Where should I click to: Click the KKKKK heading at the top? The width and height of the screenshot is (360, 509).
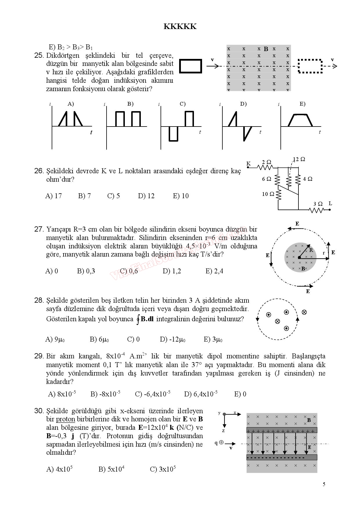(x=180, y=27)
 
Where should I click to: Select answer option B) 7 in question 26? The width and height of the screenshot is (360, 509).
(x=84, y=196)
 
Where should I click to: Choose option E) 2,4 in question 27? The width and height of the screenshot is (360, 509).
(x=214, y=271)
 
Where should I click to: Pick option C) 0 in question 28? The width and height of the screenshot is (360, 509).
(x=133, y=340)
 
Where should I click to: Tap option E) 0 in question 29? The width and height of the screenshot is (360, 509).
(x=240, y=394)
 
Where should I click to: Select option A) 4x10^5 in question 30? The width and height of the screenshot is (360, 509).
(x=59, y=470)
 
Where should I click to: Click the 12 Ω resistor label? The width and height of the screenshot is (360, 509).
(x=299, y=159)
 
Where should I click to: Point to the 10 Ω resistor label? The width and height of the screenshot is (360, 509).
(x=268, y=194)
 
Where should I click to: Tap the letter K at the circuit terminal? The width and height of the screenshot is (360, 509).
(x=249, y=164)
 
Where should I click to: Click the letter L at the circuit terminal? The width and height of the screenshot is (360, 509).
(x=330, y=203)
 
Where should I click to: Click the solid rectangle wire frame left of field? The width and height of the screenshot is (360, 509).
(x=190, y=66)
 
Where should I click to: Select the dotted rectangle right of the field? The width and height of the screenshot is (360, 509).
(x=310, y=66)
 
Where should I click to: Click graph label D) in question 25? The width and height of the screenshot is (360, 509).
(x=243, y=104)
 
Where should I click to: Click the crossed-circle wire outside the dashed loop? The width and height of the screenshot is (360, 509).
(x=304, y=312)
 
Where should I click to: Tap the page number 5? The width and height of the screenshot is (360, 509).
(x=324, y=484)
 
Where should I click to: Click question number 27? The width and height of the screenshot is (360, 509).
(x=39, y=230)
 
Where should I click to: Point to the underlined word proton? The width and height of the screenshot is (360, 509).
(x=65, y=419)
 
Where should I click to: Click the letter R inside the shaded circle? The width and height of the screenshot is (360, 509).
(x=311, y=250)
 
